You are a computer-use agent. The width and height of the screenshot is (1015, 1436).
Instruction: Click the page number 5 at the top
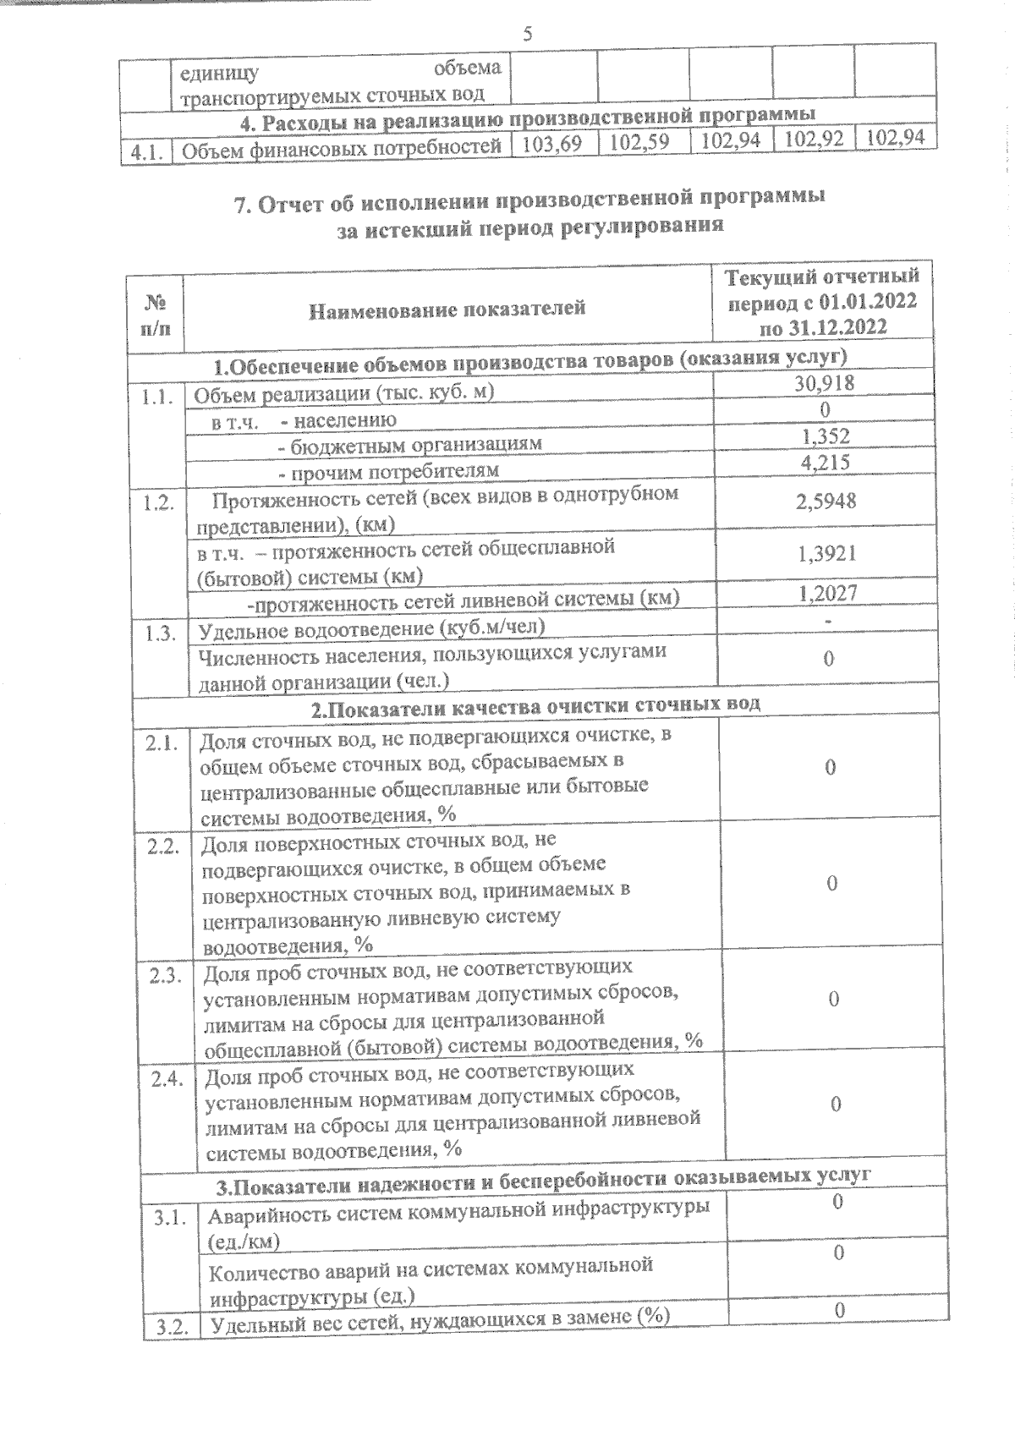(528, 35)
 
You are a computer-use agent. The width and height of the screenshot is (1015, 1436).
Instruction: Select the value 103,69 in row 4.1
(553, 143)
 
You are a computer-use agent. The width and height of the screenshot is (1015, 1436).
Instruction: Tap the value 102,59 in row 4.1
(639, 142)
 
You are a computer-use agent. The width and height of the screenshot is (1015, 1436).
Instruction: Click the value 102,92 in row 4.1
(813, 139)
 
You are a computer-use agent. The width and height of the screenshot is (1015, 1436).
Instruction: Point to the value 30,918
(824, 383)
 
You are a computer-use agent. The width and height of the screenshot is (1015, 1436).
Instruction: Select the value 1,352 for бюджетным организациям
(826, 436)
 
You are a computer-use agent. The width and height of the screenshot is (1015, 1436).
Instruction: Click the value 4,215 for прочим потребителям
(826, 462)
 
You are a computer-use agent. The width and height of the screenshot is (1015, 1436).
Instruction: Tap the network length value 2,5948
(826, 501)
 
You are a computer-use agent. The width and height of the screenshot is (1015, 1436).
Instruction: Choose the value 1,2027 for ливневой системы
(828, 593)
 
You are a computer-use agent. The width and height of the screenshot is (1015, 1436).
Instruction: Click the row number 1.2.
(159, 502)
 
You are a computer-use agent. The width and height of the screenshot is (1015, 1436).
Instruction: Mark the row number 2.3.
(166, 976)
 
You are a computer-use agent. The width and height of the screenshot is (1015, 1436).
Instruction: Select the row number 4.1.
(145, 153)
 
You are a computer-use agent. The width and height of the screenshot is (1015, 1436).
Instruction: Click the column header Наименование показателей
(447, 308)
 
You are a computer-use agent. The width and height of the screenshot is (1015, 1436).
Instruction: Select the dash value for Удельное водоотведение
(830, 622)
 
